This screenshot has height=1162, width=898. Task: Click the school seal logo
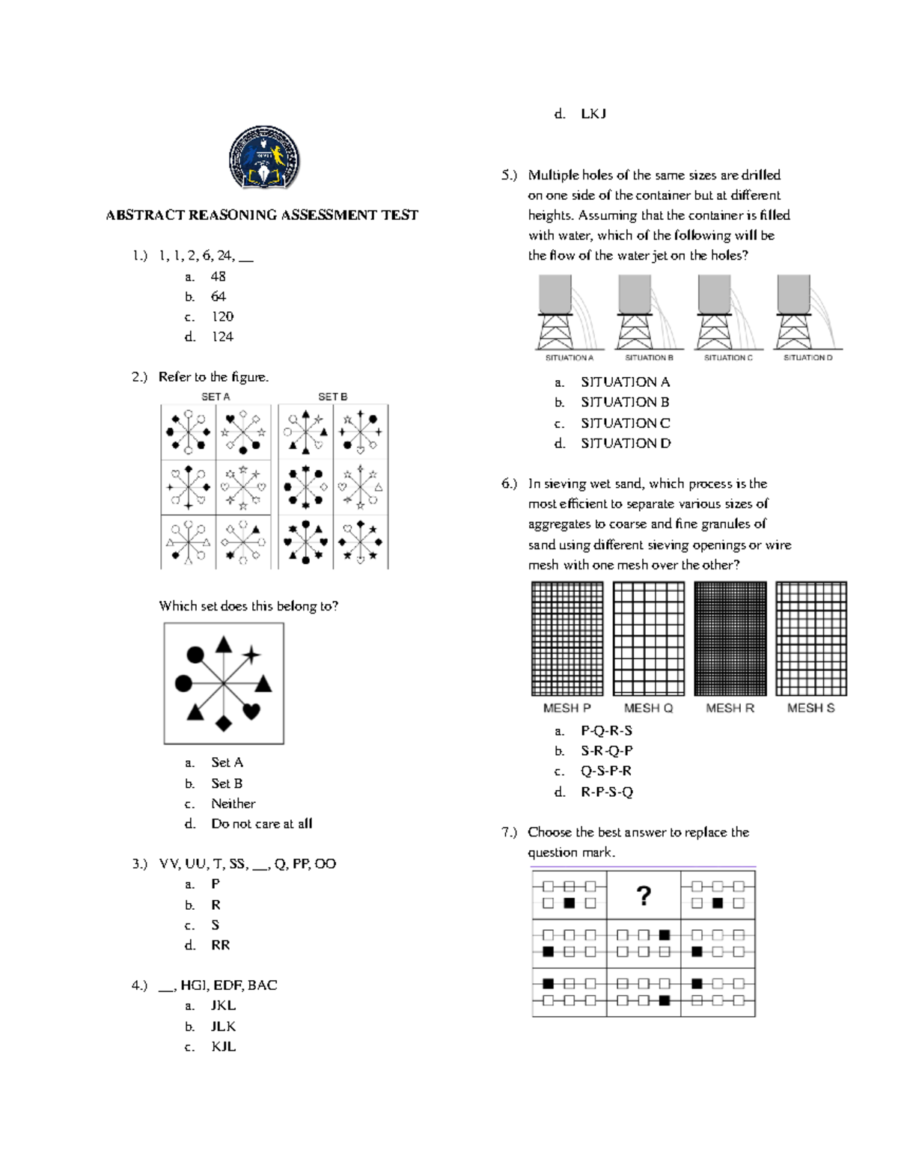264,159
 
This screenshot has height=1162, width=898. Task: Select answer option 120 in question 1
222,317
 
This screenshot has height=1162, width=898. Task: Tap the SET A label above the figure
216,397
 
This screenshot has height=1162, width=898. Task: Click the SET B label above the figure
332,397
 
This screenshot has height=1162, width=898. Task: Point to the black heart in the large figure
251,711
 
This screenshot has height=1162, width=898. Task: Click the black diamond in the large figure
223,724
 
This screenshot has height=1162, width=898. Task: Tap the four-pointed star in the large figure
251,655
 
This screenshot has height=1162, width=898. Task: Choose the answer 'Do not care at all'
261,824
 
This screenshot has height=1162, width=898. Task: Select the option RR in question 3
220,945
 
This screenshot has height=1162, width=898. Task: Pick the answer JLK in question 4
223,1027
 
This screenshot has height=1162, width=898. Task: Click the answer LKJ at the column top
593,114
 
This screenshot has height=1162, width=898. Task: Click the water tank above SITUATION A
555,293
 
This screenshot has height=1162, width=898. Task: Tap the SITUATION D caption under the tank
807,358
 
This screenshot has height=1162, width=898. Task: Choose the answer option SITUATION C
625,423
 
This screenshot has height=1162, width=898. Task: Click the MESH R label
730,708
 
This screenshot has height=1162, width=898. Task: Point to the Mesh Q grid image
648,638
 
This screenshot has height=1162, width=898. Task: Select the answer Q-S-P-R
605,771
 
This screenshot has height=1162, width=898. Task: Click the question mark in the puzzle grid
643,896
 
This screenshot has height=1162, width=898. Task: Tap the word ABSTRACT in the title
145,215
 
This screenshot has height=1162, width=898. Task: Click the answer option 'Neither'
233,804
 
